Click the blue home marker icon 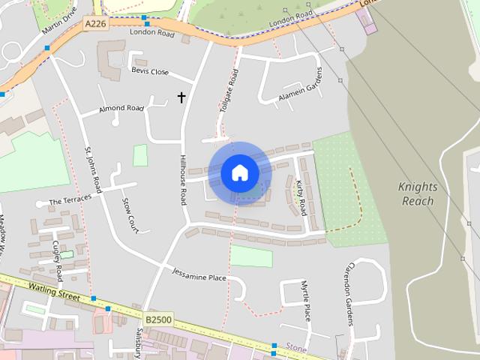(x=240, y=172)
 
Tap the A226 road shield (x=94, y=24)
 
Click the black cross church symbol (x=181, y=97)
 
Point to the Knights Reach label (x=418, y=194)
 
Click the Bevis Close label (x=150, y=72)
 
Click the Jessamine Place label (x=199, y=274)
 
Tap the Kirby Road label (x=301, y=197)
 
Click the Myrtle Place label (x=305, y=301)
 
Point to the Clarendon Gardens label (x=349, y=294)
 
